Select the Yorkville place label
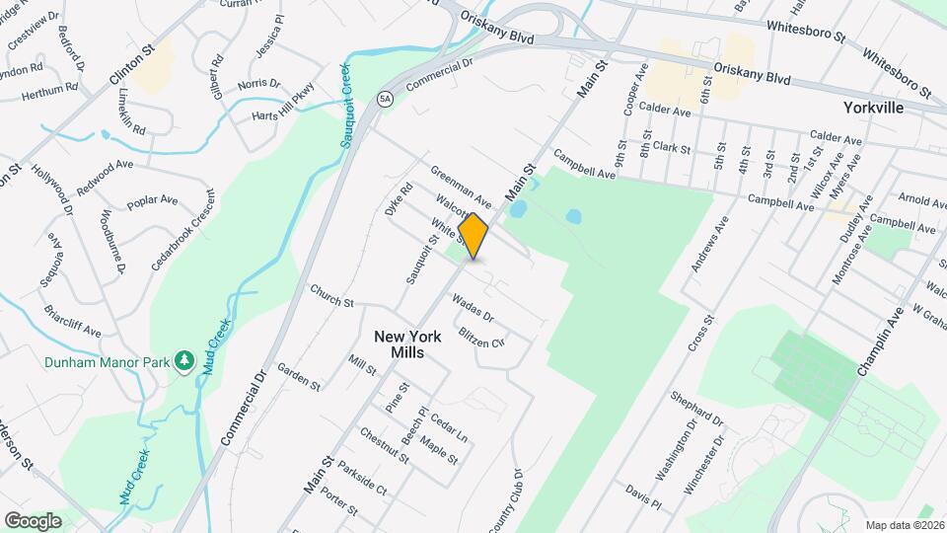pos(874,107)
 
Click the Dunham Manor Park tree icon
pos(182,362)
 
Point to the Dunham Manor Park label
pos(107,362)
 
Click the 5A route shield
pos(385,99)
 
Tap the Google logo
pos(33,520)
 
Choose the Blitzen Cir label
pos(481,337)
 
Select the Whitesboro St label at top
pos(807,32)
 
